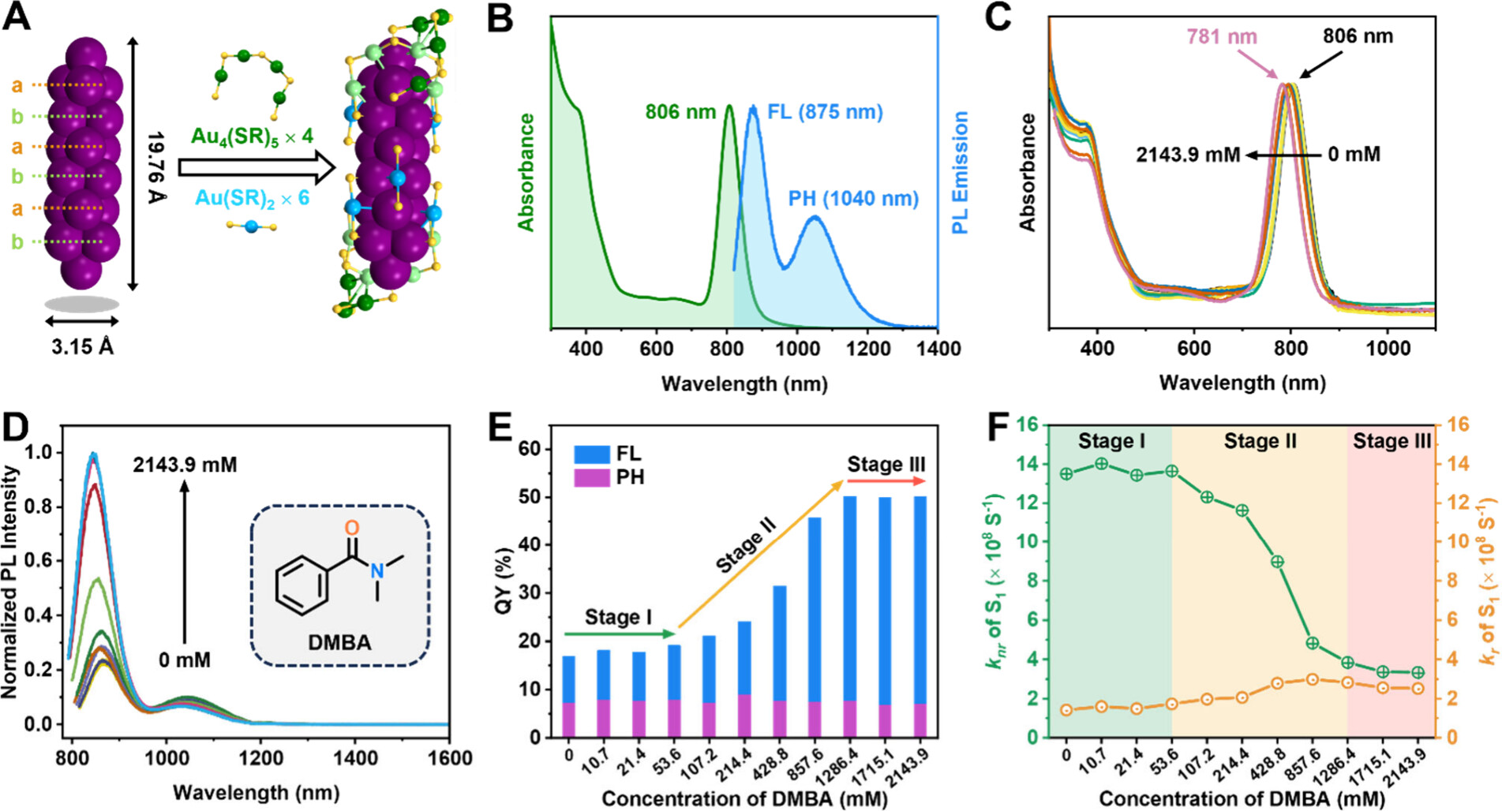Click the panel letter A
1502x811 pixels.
pyautogui.click(x=17, y=17)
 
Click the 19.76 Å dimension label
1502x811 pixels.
pyautogui.click(x=156, y=167)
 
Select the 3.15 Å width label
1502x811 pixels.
pyautogui.click(x=83, y=346)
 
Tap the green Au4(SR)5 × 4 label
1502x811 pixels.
pyautogui.click(x=252, y=136)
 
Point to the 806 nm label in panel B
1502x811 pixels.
pyautogui.click(x=680, y=112)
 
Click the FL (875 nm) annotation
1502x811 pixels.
pyautogui.click(x=825, y=112)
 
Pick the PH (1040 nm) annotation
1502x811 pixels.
pyautogui.click(x=853, y=198)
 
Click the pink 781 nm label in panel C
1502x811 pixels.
pyautogui.click(x=1221, y=36)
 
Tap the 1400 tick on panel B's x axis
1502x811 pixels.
pyautogui.click(x=938, y=349)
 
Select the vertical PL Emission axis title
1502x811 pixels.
pyautogui.click(x=960, y=172)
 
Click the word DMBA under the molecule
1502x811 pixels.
pyautogui.click(x=339, y=643)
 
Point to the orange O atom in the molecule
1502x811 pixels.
pyautogui.click(x=352, y=528)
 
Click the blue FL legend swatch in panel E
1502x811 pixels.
pyautogui.click(x=591, y=454)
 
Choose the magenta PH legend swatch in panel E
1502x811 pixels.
pyautogui.click(x=591, y=477)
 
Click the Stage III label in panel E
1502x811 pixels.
pyautogui.click(x=886, y=465)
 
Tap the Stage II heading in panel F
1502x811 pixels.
pyautogui.click(x=1260, y=441)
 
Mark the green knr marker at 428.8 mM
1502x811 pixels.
pyautogui.click(x=1277, y=562)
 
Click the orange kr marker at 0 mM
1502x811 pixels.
pyautogui.click(x=1066, y=710)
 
